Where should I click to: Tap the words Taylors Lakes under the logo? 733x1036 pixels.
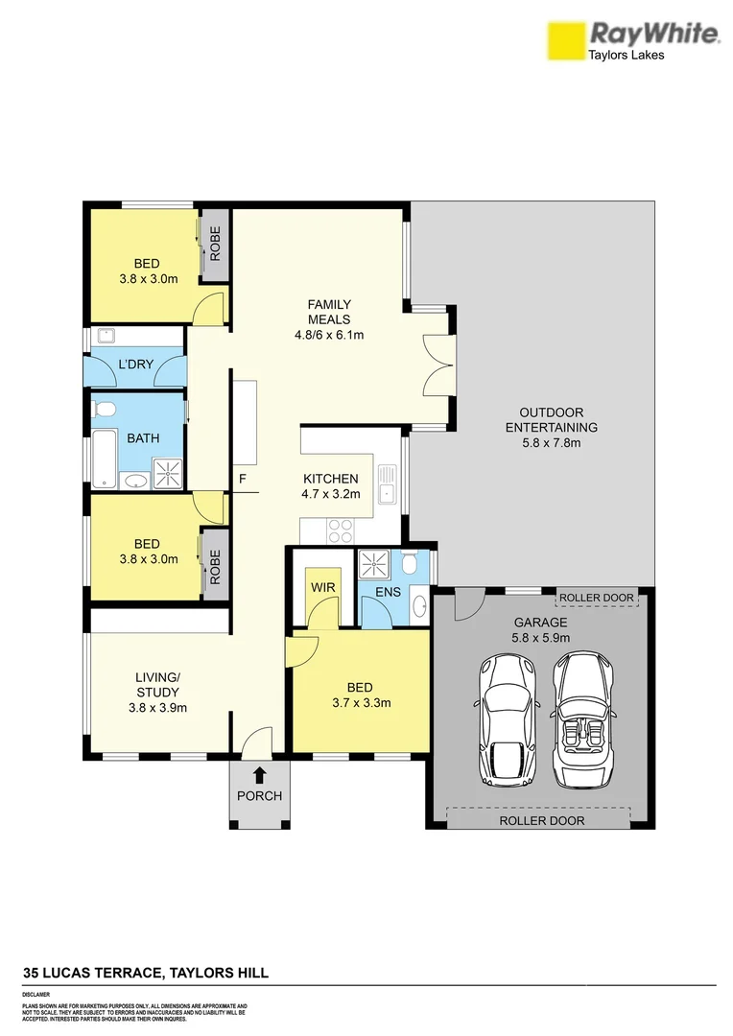pyautogui.click(x=626, y=56)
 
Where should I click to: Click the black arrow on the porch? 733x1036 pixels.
pyautogui.click(x=258, y=775)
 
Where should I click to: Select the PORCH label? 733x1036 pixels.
pyautogui.click(x=259, y=796)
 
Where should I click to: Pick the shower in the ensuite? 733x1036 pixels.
pyautogui.click(x=371, y=566)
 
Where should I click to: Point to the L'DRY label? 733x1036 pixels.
pyautogui.click(x=136, y=366)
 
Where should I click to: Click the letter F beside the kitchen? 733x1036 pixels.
pyautogui.click(x=244, y=478)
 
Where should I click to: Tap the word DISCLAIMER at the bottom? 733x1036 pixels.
pyautogui.click(x=36, y=995)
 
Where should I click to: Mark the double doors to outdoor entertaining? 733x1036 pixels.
pyautogui.click(x=437, y=365)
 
